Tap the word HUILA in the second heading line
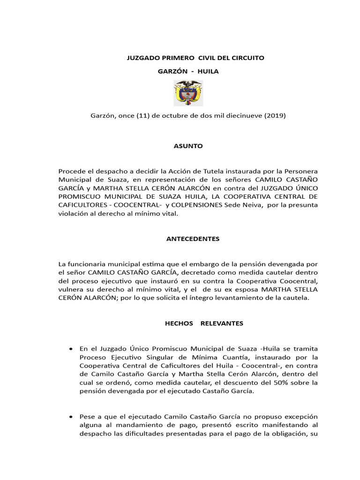pos(208,71)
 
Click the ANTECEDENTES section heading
pos(193,239)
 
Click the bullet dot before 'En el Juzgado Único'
pos(70,349)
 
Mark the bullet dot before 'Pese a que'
pos(70,416)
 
